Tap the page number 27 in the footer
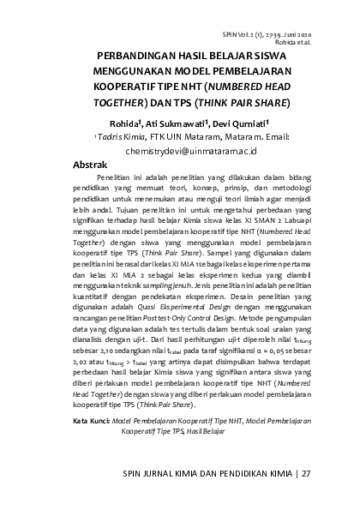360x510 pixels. pyautogui.click(x=306, y=472)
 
